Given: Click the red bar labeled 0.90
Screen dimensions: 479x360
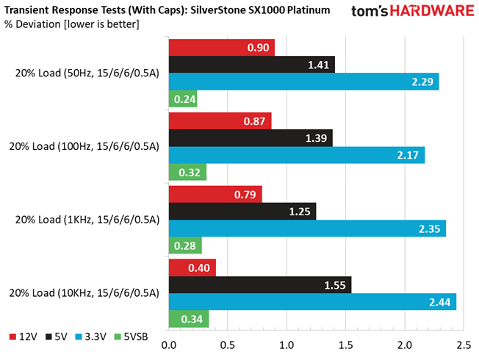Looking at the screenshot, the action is coord(222,48).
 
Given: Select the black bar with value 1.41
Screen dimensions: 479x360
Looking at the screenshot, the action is coord(252,65).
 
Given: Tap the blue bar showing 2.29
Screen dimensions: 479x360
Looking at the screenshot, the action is coord(304,82).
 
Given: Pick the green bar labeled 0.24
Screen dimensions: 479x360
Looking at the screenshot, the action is coord(183,98).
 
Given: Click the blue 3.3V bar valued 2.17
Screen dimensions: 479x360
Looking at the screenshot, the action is coord(297,155).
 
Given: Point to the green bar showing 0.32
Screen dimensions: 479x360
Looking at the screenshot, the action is coord(187,172).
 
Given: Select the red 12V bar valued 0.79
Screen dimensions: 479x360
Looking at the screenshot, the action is coord(215,194).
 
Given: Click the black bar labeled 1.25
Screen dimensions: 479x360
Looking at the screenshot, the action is coord(242,211).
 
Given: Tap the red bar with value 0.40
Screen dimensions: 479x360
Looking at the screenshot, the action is coord(192,267).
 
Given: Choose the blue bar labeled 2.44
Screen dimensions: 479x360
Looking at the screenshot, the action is coord(312,302).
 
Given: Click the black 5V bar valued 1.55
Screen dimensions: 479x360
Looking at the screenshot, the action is coord(260,285).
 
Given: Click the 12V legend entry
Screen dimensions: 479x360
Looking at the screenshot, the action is coord(24,336).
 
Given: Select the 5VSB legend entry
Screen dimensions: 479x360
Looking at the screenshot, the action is coord(131,336).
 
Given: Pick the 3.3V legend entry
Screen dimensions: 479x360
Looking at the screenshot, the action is coord(90,336).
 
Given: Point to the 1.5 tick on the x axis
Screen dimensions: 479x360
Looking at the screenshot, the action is coord(345,345).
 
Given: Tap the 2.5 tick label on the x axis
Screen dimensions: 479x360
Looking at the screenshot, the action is coord(464,345).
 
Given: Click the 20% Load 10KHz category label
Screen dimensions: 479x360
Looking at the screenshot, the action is coord(84,293).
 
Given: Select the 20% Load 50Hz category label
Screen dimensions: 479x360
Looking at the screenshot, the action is coord(87,73).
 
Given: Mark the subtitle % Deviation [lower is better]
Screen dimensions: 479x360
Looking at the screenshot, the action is coord(72,24).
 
